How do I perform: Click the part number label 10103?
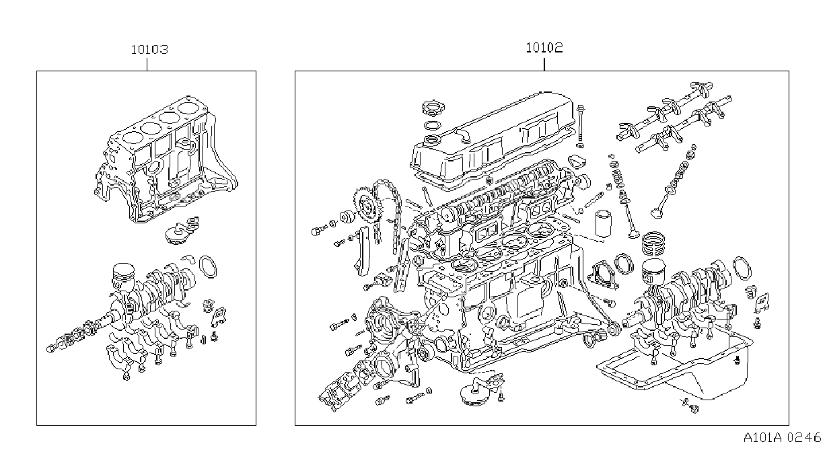point(149,50)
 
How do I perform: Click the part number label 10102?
point(544,48)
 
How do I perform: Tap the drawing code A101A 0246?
point(782,438)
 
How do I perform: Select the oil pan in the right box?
point(676,369)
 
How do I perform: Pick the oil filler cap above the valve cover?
point(433,108)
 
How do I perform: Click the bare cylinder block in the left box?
point(166,161)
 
